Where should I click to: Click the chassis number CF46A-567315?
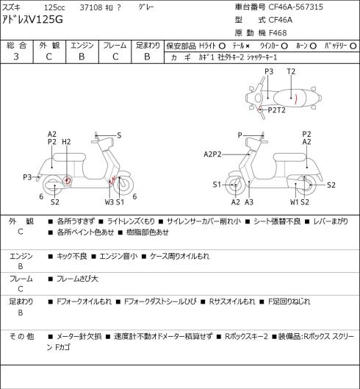tap(296, 7)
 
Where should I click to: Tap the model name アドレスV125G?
tap(32, 20)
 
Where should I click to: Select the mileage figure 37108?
tap(91, 7)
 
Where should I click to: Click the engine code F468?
tap(278, 33)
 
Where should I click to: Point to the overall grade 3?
tap(16, 57)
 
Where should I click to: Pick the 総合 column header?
tap(16, 46)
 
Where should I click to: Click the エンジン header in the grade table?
tap(82, 46)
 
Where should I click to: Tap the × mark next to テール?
tap(248, 46)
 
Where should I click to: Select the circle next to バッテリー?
tap(353, 46)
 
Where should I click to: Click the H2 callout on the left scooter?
tap(66, 142)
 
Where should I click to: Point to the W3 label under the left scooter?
tap(109, 202)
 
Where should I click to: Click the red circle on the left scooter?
tap(67, 180)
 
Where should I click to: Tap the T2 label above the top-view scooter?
tap(291, 72)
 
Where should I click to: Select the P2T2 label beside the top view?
tap(277, 110)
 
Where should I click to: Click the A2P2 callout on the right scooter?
tap(212, 154)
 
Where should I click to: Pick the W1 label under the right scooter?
tap(295, 202)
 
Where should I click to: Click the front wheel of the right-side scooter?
tap(234, 185)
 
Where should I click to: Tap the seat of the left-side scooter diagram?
tap(69, 157)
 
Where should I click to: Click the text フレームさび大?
tap(77, 279)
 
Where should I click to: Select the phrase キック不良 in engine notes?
tap(72, 256)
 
